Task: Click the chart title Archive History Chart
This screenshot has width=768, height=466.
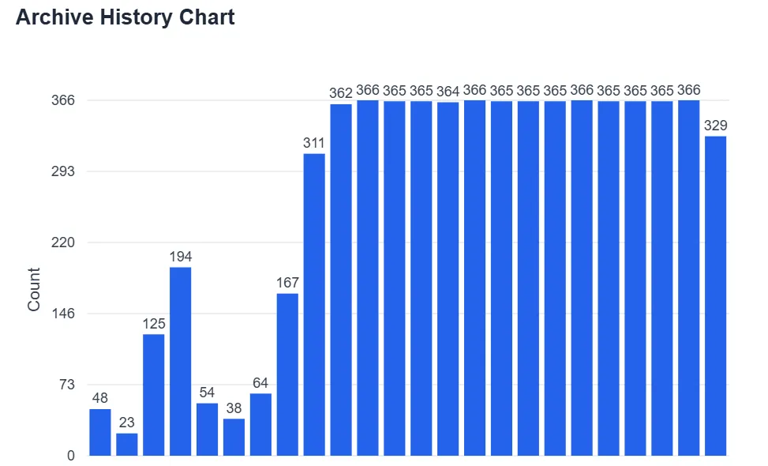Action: (125, 17)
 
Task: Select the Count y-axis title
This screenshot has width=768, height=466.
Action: (34, 289)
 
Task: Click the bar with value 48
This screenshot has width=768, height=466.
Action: (100, 432)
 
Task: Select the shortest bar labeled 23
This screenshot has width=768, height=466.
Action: (127, 445)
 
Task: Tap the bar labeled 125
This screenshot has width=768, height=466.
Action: (154, 395)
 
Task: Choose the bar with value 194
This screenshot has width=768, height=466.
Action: (181, 361)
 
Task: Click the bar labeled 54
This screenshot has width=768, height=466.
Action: (208, 430)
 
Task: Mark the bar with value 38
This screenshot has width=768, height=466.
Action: (234, 437)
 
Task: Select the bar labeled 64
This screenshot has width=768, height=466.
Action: (260, 424)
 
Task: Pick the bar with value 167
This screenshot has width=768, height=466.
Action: (287, 374)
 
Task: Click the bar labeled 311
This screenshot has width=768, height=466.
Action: (314, 304)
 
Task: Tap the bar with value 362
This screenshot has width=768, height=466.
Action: (341, 280)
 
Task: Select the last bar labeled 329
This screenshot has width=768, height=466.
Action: (715, 295)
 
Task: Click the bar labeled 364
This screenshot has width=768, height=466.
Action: (448, 279)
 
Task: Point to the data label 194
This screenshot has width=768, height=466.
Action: (181, 257)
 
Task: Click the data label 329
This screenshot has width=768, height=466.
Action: (715, 126)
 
